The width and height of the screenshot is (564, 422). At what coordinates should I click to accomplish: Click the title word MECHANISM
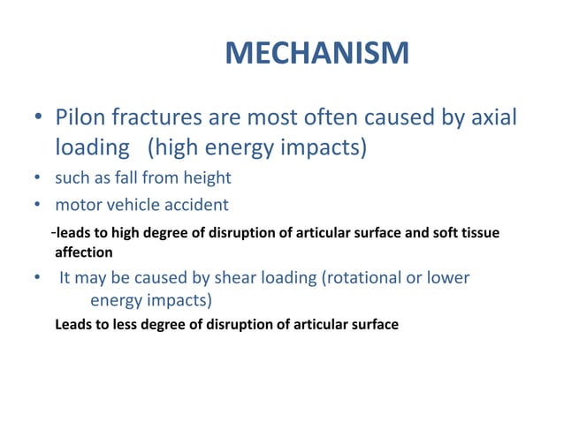316,53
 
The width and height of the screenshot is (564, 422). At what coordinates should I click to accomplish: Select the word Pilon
81,117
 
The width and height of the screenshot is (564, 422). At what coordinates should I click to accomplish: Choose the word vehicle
129,205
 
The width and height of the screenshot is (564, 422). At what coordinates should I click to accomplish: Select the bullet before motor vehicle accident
37,206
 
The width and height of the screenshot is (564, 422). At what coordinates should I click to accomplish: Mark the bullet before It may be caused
37,279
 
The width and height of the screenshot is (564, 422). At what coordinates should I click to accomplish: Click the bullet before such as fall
37,178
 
